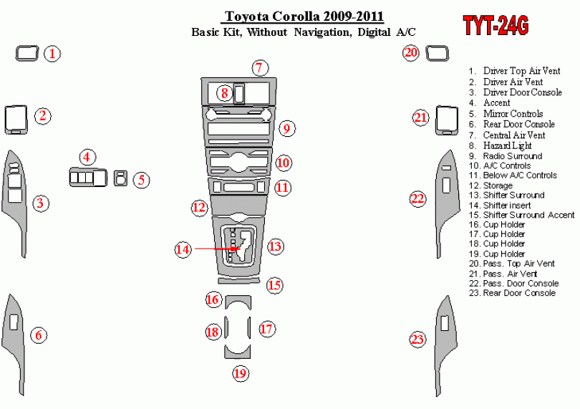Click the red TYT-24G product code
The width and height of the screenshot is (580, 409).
coord(496,26)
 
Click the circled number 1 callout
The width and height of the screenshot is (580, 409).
coord(53,53)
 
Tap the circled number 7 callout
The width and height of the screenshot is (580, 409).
coord(260,68)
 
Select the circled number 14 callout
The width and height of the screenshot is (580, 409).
coord(183,249)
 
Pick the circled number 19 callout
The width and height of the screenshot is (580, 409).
coord(240,372)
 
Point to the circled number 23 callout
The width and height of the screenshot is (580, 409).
coord(417,339)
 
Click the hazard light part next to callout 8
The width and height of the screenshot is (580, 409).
coord(240,92)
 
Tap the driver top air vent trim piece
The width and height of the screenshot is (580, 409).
coord(27,52)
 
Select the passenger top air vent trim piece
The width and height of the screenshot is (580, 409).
coord(436,52)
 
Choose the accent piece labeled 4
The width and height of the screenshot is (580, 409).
coord(87,176)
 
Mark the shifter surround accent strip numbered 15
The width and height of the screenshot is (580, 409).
coord(239,282)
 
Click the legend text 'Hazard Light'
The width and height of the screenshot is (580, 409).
coord(508,145)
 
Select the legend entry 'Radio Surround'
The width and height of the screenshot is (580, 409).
coord(512,155)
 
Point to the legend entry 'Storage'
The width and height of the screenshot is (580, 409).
coord(498,186)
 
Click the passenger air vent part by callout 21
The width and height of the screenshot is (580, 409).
coord(447,120)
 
